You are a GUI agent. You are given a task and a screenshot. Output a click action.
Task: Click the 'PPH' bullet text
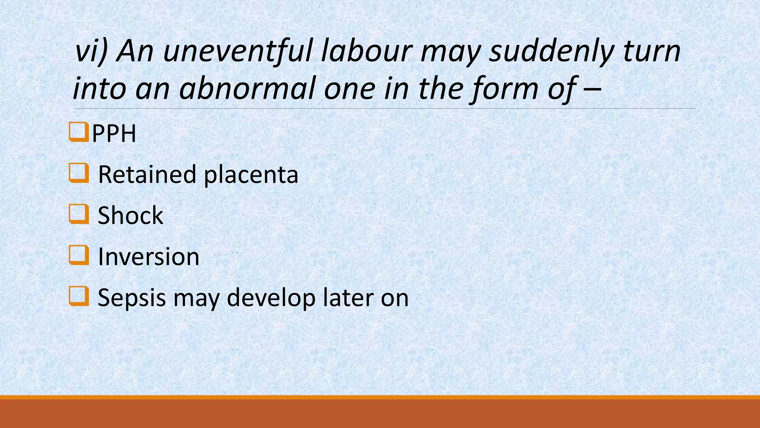coord(114,134)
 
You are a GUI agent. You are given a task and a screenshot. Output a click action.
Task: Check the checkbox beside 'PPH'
coord(78,132)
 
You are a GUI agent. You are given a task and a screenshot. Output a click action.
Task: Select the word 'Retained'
coord(147,175)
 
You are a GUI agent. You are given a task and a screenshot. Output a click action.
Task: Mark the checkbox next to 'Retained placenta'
coord(78,173)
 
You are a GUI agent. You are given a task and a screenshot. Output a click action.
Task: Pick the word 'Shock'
coord(130,215)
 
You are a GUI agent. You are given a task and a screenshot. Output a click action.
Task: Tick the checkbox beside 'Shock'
coord(78,214)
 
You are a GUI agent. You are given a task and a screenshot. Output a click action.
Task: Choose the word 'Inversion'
coord(148,256)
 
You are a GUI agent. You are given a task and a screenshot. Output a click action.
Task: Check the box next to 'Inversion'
coord(78,255)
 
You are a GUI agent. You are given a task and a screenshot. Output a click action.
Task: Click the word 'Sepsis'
coord(132,298)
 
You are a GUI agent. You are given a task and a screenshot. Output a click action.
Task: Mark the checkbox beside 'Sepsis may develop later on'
coord(78,296)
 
